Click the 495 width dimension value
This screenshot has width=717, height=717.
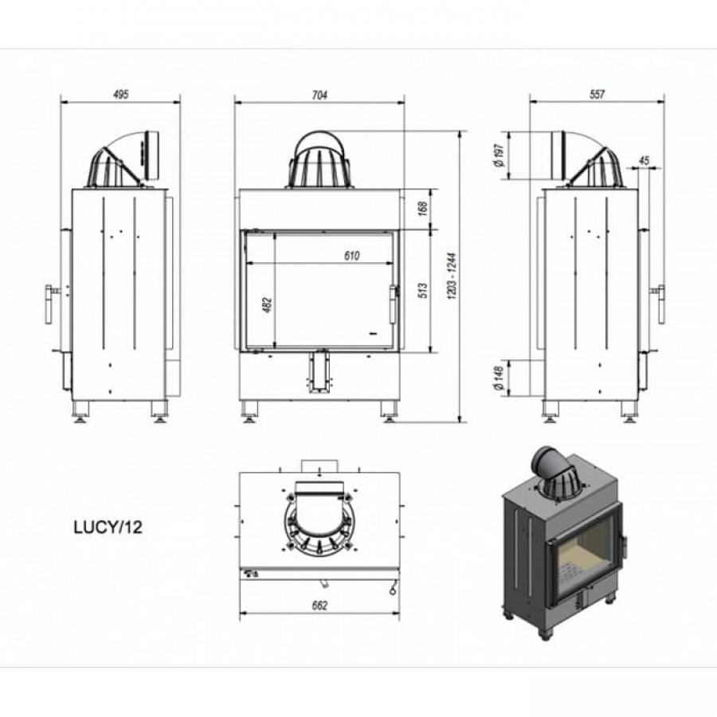(x=121, y=94)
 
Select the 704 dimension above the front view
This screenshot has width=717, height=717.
(x=319, y=95)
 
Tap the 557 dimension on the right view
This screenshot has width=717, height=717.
(x=597, y=94)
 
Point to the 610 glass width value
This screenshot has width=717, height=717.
(x=351, y=256)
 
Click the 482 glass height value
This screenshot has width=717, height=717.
(x=268, y=305)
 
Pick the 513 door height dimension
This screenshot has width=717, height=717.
(x=422, y=291)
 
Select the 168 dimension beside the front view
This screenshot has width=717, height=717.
(x=422, y=209)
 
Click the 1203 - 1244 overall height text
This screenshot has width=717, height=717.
(x=453, y=276)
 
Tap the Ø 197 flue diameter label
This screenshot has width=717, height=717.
(x=499, y=155)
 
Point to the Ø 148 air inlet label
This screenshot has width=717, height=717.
(x=499, y=378)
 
